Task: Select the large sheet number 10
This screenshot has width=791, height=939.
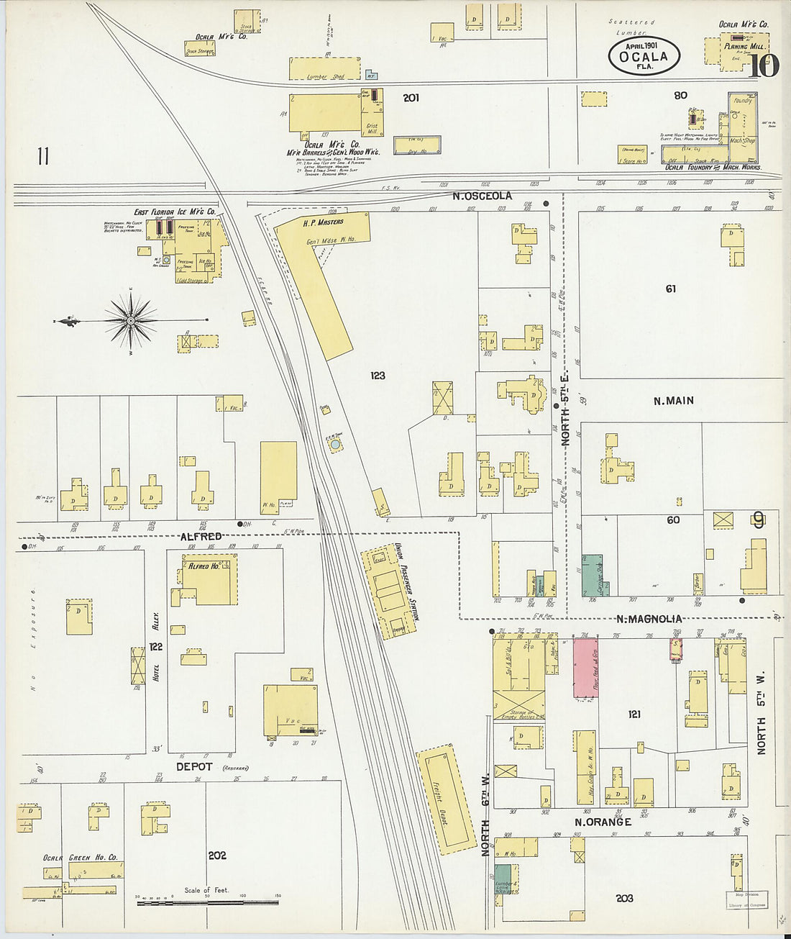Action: [763, 67]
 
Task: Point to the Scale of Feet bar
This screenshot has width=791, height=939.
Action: [208, 902]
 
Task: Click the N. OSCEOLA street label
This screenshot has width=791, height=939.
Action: [482, 196]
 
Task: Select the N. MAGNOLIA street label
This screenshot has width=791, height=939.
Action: [649, 619]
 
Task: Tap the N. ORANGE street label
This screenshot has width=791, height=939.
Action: [602, 822]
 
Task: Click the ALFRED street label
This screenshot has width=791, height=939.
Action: [201, 537]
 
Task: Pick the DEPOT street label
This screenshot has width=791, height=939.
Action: [194, 767]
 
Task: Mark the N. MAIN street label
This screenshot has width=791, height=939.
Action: [673, 401]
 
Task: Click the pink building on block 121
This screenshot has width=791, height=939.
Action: [585, 668]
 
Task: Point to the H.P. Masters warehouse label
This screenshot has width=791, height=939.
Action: [323, 222]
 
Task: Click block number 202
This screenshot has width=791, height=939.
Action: [217, 856]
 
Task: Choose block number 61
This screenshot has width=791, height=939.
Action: [670, 289]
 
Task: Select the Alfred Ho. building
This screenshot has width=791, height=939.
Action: [209, 579]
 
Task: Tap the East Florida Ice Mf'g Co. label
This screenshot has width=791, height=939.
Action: [175, 212]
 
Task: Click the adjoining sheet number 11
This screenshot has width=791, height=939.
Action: [43, 156]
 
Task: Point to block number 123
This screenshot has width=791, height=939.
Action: [378, 376]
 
